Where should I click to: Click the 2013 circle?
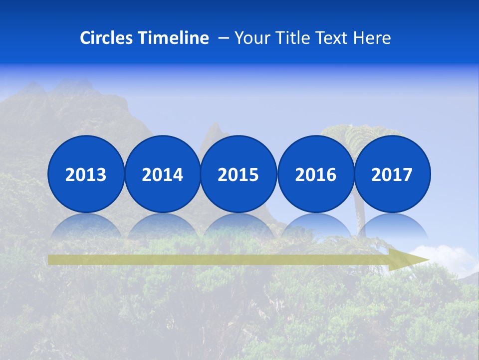[x=86, y=174]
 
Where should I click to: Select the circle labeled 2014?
[x=162, y=174]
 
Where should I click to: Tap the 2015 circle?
[x=239, y=174]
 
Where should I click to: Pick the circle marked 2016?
[x=315, y=174]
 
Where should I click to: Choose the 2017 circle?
[x=392, y=174]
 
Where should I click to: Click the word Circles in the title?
[x=106, y=38]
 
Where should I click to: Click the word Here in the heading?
[x=372, y=38]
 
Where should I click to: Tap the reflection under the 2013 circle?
[x=86, y=225]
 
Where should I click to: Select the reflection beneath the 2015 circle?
[x=239, y=225]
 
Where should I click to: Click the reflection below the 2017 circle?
[x=392, y=225]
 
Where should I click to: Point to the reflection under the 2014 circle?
[x=162, y=225]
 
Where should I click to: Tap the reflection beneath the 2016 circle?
[x=315, y=225]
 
